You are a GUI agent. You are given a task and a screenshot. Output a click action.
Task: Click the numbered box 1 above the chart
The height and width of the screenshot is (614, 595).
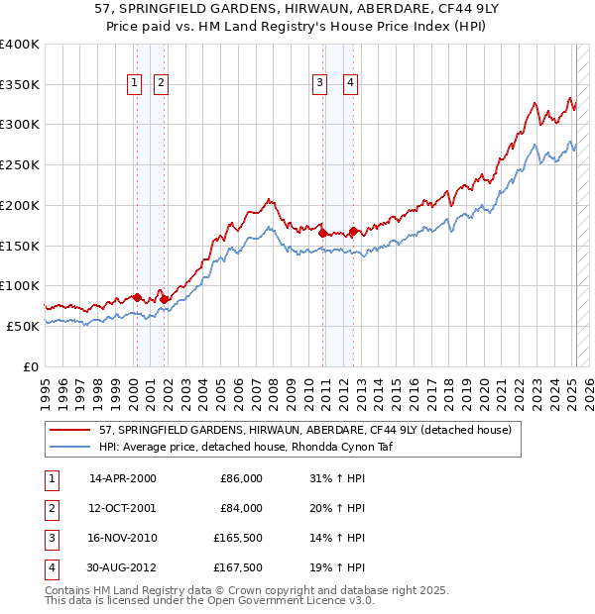click(134, 84)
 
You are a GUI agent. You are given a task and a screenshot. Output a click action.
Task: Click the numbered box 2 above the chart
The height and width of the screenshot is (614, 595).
click(160, 84)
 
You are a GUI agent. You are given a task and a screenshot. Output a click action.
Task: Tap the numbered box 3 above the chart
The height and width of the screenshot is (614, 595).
click(320, 84)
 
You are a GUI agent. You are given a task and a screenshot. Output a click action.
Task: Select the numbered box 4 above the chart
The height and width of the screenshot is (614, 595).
click(351, 84)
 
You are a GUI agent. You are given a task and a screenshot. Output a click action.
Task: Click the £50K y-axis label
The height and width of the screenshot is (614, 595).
click(23, 326)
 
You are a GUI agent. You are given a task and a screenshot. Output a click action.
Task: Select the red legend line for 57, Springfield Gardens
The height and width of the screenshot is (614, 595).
click(70, 431)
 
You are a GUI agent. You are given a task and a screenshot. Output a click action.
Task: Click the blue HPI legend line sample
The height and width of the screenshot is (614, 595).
click(70, 447)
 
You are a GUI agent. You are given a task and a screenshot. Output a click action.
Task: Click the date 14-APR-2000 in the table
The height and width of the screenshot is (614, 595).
click(122, 478)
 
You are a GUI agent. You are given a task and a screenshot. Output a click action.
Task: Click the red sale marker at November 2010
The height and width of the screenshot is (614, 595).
click(323, 234)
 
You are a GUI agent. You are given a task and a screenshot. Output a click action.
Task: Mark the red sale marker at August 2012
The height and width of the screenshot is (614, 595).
click(354, 232)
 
